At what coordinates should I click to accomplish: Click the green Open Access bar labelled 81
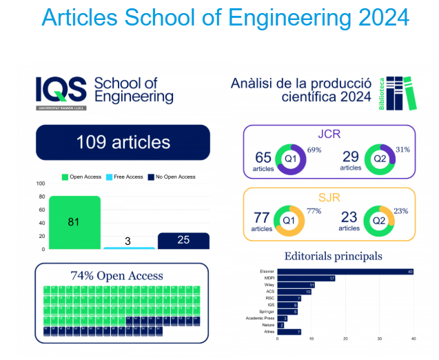point(74,222)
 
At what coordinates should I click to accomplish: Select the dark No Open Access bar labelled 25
point(183,240)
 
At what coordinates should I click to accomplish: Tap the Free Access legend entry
point(125,177)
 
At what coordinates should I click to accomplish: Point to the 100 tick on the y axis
point(40,183)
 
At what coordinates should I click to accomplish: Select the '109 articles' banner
point(123,143)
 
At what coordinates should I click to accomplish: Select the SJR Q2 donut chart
point(378,221)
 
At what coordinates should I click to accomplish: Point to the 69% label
point(314,150)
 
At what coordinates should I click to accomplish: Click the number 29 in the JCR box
point(350,157)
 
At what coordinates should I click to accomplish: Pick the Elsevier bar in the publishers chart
point(344,271)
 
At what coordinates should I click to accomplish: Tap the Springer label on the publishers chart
point(268,311)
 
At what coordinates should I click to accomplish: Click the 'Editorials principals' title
point(333,257)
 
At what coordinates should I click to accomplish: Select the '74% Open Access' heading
point(117,276)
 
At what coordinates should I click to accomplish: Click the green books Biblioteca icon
point(401,93)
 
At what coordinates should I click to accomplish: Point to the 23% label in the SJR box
point(401,212)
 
